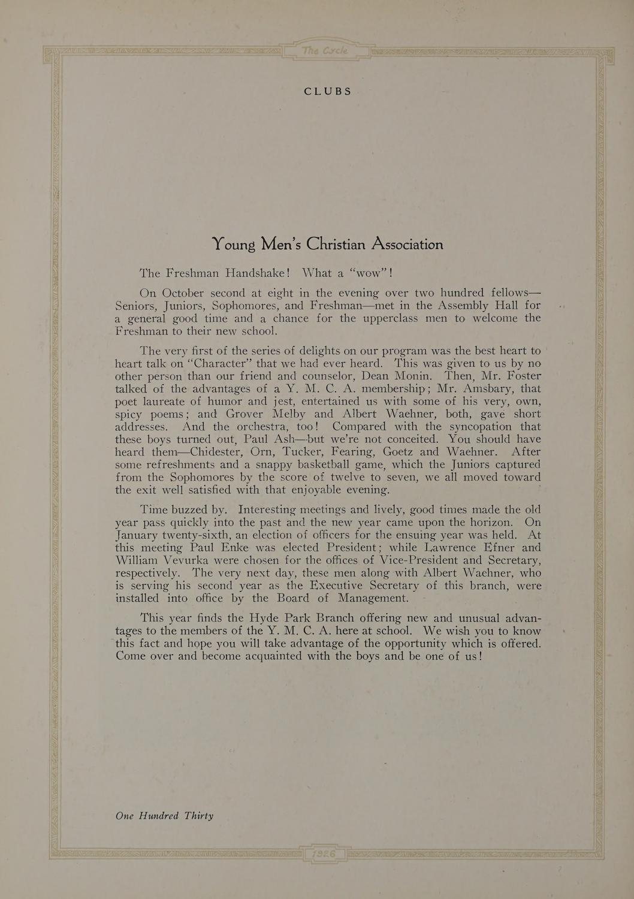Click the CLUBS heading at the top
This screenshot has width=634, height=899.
tap(327, 92)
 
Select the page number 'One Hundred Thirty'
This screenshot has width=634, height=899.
tap(164, 816)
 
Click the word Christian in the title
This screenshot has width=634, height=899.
tap(336, 245)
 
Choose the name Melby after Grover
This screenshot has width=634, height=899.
tap(289, 414)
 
